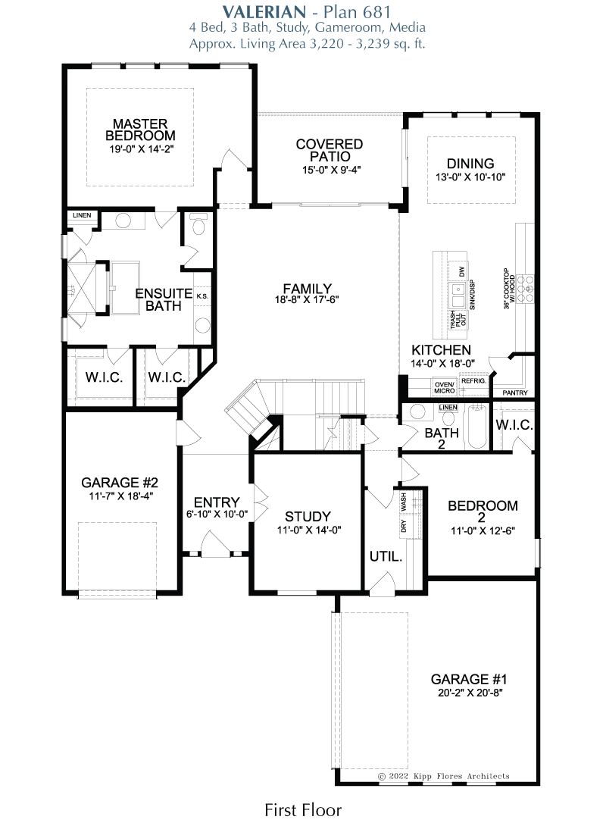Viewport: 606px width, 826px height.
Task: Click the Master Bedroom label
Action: (x=140, y=130)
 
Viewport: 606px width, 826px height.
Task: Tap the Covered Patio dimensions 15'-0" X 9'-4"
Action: (x=331, y=170)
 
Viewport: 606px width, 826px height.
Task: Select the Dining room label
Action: (x=470, y=163)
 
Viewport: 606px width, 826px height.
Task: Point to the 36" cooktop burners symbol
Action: (x=526, y=289)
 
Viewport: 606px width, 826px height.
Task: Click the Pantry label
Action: (x=515, y=393)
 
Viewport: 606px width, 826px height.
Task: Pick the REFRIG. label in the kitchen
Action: (x=473, y=381)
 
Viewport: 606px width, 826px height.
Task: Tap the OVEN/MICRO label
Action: (x=445, y=388)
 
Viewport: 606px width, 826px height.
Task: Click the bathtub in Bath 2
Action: (x=477, y=426)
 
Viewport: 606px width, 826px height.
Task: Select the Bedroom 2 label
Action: (x=483, y=512)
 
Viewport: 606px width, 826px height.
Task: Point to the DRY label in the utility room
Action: (x=404, y=526)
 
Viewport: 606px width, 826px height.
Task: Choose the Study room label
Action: (x=308, y=516)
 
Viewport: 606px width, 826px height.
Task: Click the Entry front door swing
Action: (x=216, y=542)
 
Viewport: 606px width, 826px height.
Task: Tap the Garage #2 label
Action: (x=120, y=483)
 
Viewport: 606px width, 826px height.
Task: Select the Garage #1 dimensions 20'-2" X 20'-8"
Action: (x=470, y=693)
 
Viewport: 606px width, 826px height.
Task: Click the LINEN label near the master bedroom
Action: (x=82, y=215)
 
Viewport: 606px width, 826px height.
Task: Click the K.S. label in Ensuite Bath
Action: (x=202, y=296)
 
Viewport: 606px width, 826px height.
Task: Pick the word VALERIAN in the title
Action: (x=264, y=11)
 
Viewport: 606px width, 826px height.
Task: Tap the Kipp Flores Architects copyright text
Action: (x=444, y=776)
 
